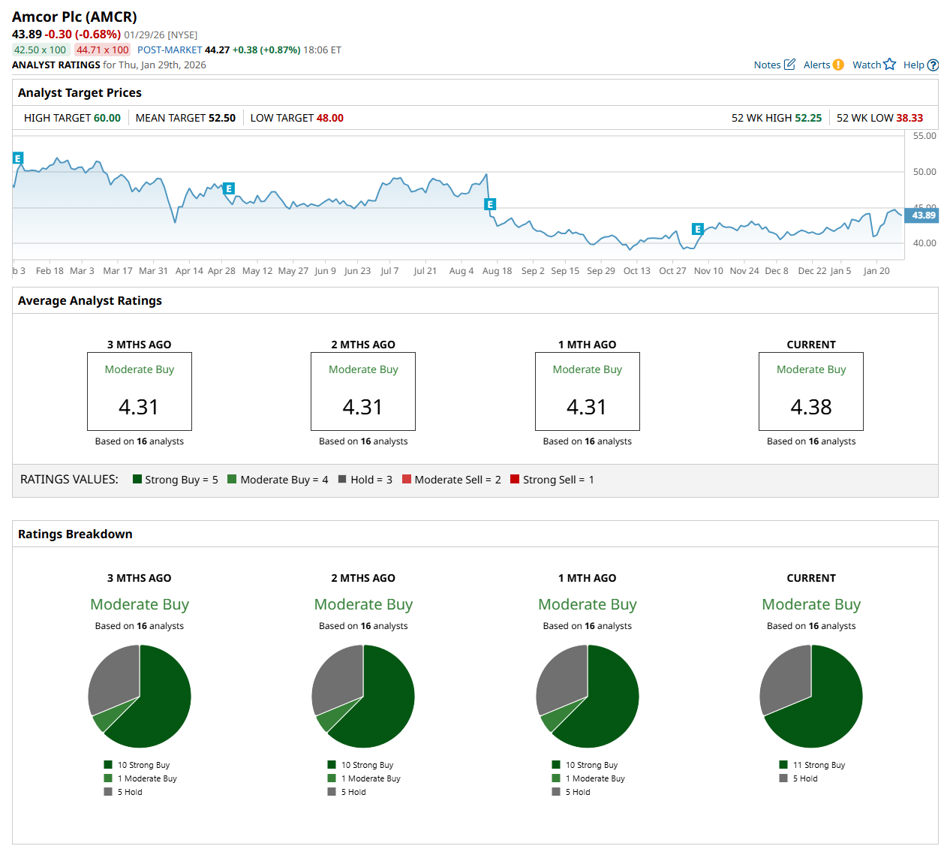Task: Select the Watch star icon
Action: point(890,65)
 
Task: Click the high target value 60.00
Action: point(107,118)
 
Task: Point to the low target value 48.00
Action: point(330,118)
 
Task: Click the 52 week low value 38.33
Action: point(909,118)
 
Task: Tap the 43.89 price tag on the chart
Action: point(923,215)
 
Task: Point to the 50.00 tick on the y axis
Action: point(924,172)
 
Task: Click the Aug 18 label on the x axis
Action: point(497,271)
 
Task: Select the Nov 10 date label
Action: point(708,271)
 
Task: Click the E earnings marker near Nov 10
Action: point(698,229)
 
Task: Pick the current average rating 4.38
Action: point(811,407)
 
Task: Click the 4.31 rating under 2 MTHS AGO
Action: point(363,407)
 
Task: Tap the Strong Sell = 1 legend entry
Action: point(552,480)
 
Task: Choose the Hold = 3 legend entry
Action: point(365,480)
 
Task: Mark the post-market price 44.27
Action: point(217,50)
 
